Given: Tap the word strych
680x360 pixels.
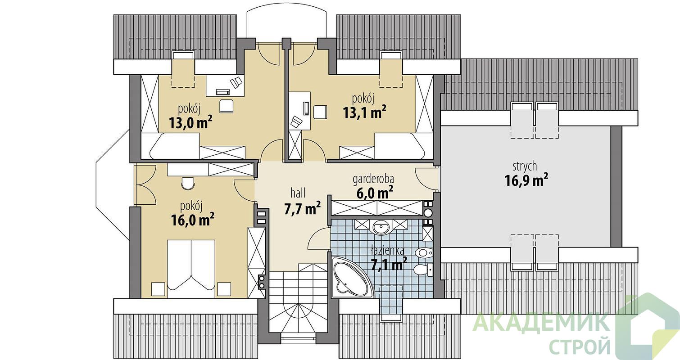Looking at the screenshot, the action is tap(525, 166).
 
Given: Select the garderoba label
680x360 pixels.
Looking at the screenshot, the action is tap(373, 179).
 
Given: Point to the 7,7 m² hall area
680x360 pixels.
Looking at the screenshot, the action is tap(302, 209).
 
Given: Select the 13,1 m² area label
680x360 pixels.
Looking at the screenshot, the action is tap(365, 112).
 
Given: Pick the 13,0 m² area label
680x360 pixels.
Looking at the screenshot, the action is tap(190, 122).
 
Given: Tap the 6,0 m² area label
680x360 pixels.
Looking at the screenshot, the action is tap(375, 193).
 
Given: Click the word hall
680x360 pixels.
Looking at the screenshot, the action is tap(298, 193).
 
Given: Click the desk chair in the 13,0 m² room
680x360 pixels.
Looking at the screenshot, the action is tap(227, 107).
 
